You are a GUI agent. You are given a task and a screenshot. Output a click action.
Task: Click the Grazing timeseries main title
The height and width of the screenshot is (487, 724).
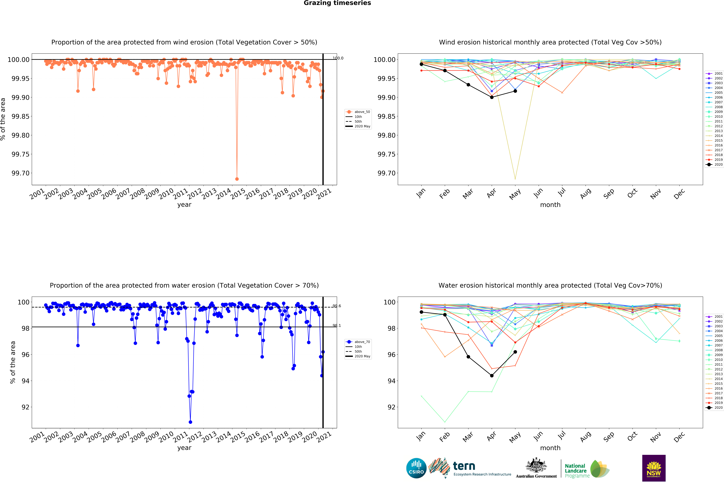(337, 3)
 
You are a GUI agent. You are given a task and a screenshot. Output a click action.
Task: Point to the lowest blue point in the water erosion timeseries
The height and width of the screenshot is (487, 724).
(190, 422)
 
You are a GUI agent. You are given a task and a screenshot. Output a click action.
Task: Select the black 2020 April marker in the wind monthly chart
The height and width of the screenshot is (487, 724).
(492, 97)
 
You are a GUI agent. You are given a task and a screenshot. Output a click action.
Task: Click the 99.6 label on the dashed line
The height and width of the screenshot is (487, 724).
(337, 306)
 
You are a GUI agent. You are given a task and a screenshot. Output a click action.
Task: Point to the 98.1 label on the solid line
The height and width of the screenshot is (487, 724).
(337, 325)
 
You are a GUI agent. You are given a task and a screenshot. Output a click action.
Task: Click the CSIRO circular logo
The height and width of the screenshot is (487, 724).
(416, 468)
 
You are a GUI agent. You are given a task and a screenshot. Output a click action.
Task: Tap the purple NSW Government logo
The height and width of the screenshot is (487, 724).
(654, 468)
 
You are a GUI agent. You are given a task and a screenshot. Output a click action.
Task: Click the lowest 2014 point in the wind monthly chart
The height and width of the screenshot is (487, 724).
(515, 179)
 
